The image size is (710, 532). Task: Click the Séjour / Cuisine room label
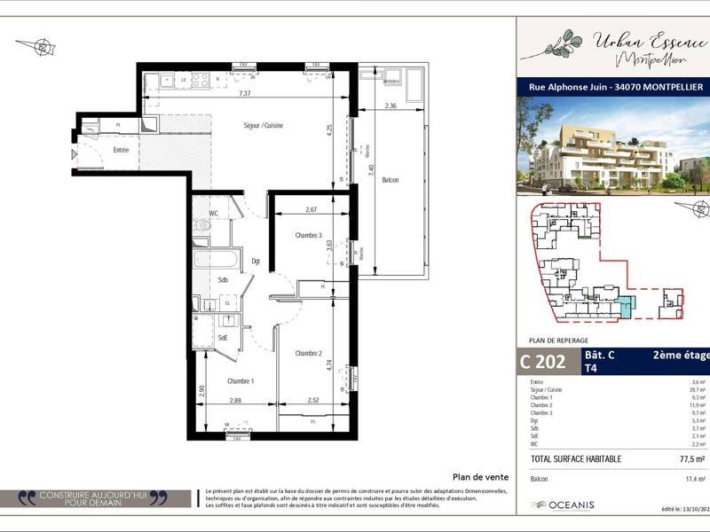pos(264,127)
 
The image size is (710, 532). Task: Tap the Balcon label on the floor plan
pos(390,180)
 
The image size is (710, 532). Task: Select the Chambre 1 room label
pos(241,381)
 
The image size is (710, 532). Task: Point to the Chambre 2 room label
pos(308,354)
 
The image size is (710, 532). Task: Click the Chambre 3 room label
pos(308,235)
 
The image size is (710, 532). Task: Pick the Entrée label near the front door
pos(121,150)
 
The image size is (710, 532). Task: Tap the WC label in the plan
pos(213,213)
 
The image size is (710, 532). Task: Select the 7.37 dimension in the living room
pos(245,93)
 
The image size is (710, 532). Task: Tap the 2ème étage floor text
pos(679,355)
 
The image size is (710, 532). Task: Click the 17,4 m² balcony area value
pos(695,479)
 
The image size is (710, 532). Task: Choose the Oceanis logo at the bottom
pos(563,505)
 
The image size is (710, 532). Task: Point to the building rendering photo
pos(612,146)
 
